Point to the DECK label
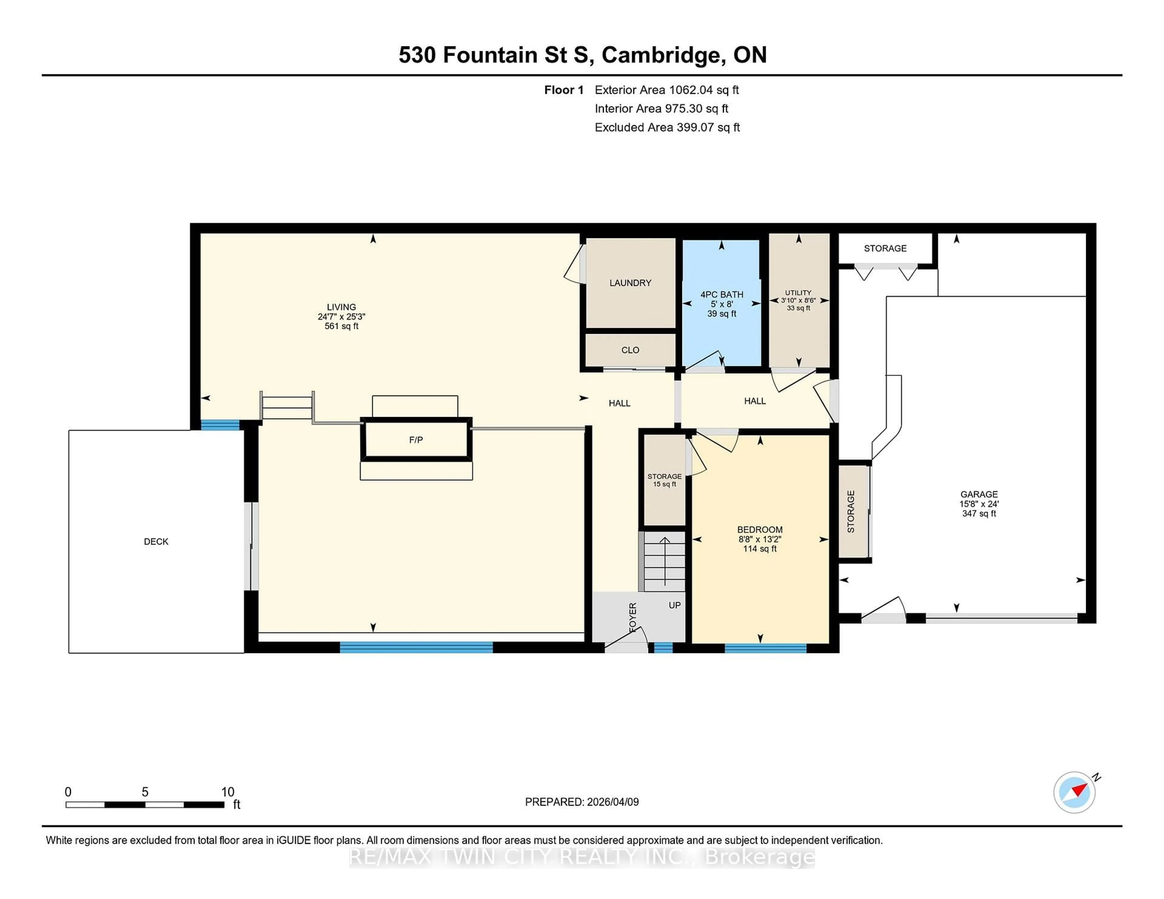pos(156,542)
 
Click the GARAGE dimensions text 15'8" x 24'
pos(979,504)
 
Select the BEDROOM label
pos(759,529)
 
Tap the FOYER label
pos(633,618)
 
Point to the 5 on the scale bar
pos(145,792)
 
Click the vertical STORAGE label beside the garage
pos(851,511)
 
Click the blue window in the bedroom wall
pos(765,648)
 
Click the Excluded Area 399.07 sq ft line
pos(667,127)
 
